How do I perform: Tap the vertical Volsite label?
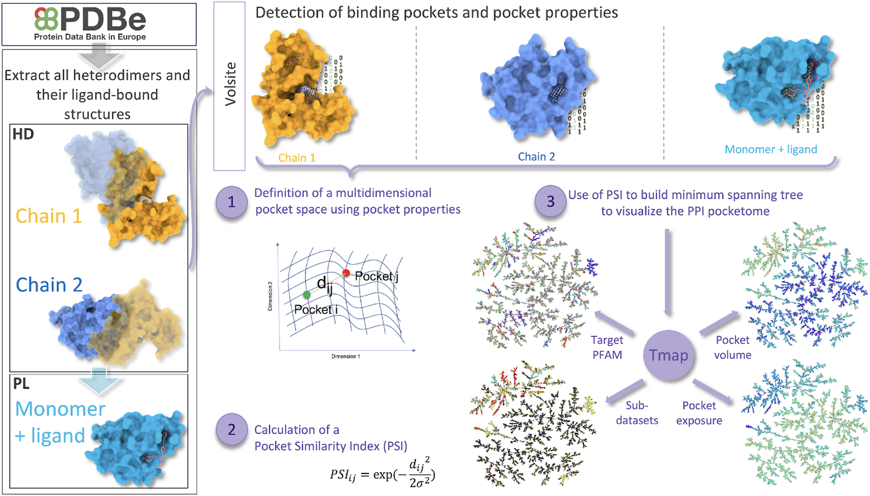coord(230,84)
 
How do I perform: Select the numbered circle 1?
coord(231,202)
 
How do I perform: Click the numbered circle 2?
coord(231,429)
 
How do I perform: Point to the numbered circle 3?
coord(550,201)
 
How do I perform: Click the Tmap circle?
coord(668,355)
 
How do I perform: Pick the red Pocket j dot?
coord(346,273)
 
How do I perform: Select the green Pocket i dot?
coord(307,294)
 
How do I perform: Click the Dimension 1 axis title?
coord(346,356)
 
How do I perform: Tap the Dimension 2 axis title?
coord(270,296)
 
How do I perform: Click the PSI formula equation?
coord(382,474)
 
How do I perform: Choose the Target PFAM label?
coord(607,347)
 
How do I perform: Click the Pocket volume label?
coord(733,347)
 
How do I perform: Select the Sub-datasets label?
coord(637,413)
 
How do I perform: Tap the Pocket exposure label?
coord(699,413)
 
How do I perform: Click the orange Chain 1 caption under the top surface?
coord(297,158)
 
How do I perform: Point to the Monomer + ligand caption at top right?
coord(771,149)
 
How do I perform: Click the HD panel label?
coord(23,134)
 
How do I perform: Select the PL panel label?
coord(22,383)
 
